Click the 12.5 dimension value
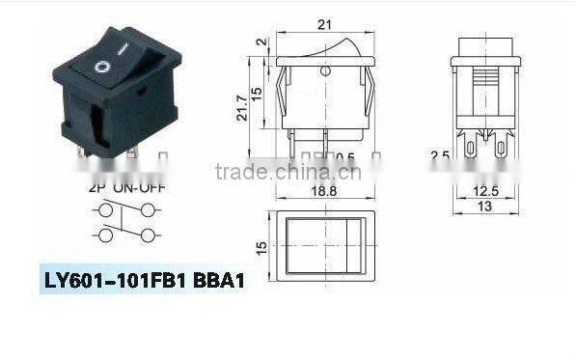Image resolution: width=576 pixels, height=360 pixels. pyautogui.click(x=487, y=191)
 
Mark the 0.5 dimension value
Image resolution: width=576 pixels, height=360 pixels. pyautogui.click(x=344, y=157)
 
